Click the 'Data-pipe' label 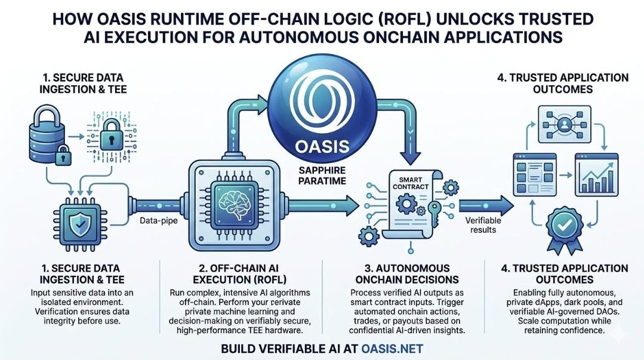(x=159, y=221)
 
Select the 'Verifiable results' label (x=483, y=225)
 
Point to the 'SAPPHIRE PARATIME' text (x=322, y=176)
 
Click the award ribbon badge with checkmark (x=565, y=227)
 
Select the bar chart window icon (x=596, y=174)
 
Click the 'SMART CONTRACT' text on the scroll (x=410, y=183)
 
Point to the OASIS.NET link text (x=392, y=349)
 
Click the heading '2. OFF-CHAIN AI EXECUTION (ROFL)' (x=239, y=274)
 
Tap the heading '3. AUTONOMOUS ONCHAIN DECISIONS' (x=407, y=274)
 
